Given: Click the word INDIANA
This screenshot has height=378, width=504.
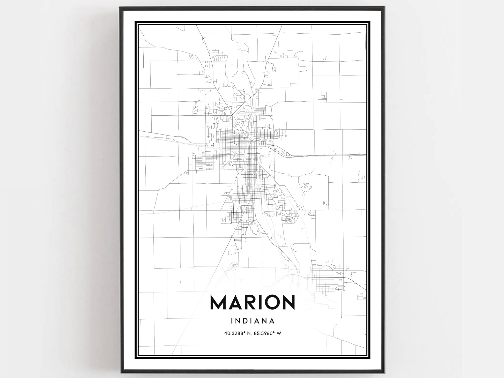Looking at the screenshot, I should [x=252, y=321].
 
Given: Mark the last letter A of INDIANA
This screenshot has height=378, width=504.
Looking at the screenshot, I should [x=272, y=321].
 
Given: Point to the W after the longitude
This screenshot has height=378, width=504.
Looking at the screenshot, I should [x=278, y=334].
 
